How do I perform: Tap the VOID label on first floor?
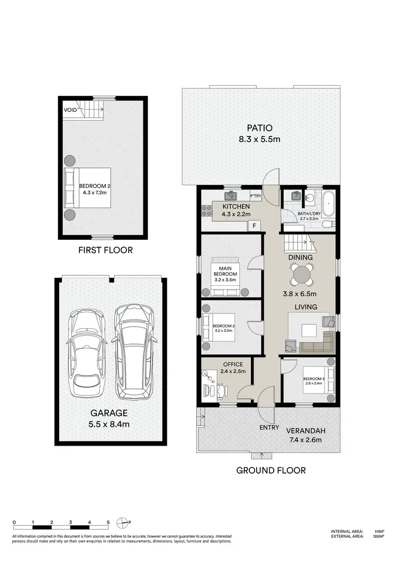(x=70, y=110)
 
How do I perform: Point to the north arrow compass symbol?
(x=123, y=522)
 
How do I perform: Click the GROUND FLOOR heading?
(x=270, y=470)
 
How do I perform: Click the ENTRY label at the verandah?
(x=268, y=428)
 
